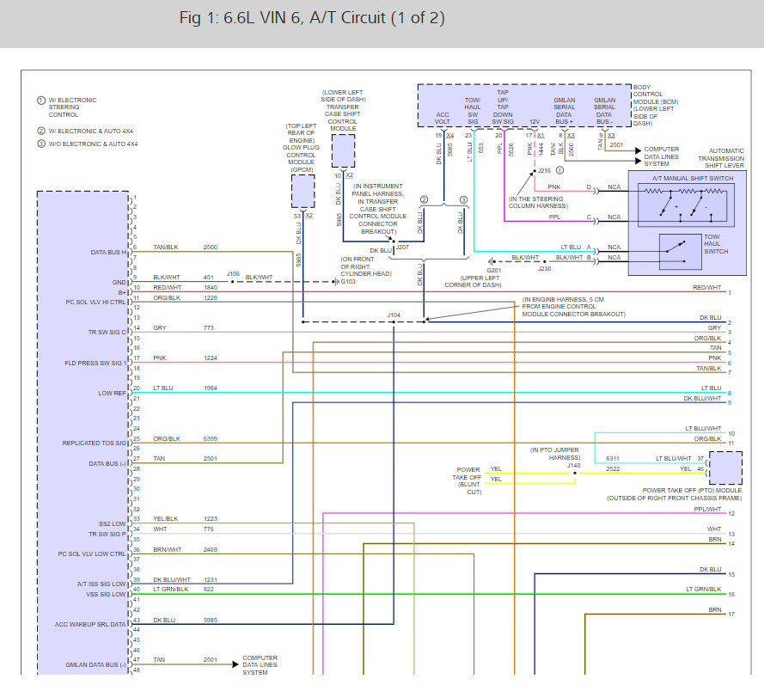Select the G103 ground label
point(348,281)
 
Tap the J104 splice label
point(394,315)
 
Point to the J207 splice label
point(402,247)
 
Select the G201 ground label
point(493,268)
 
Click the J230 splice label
point(544,267)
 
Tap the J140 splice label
point(574,465)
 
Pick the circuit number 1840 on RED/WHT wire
point(211,288)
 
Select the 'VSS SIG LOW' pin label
point(107,593)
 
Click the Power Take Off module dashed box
point(726,468)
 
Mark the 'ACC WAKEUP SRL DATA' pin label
point(91,624)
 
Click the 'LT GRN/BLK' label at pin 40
point(170,589)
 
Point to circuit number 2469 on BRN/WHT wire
point(211,548)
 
